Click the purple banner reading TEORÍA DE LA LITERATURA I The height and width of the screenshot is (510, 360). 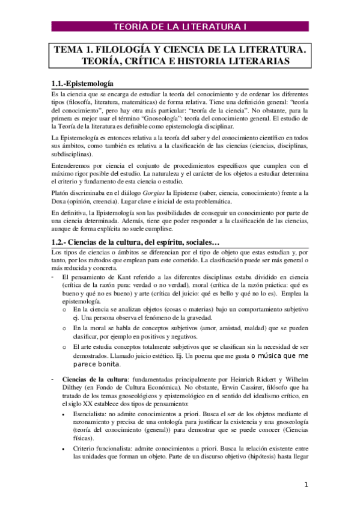[180, 26]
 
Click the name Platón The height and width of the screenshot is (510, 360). [62, 193]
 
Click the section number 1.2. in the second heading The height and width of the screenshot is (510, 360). [60, 242]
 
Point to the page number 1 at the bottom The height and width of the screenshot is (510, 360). [306, 485]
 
